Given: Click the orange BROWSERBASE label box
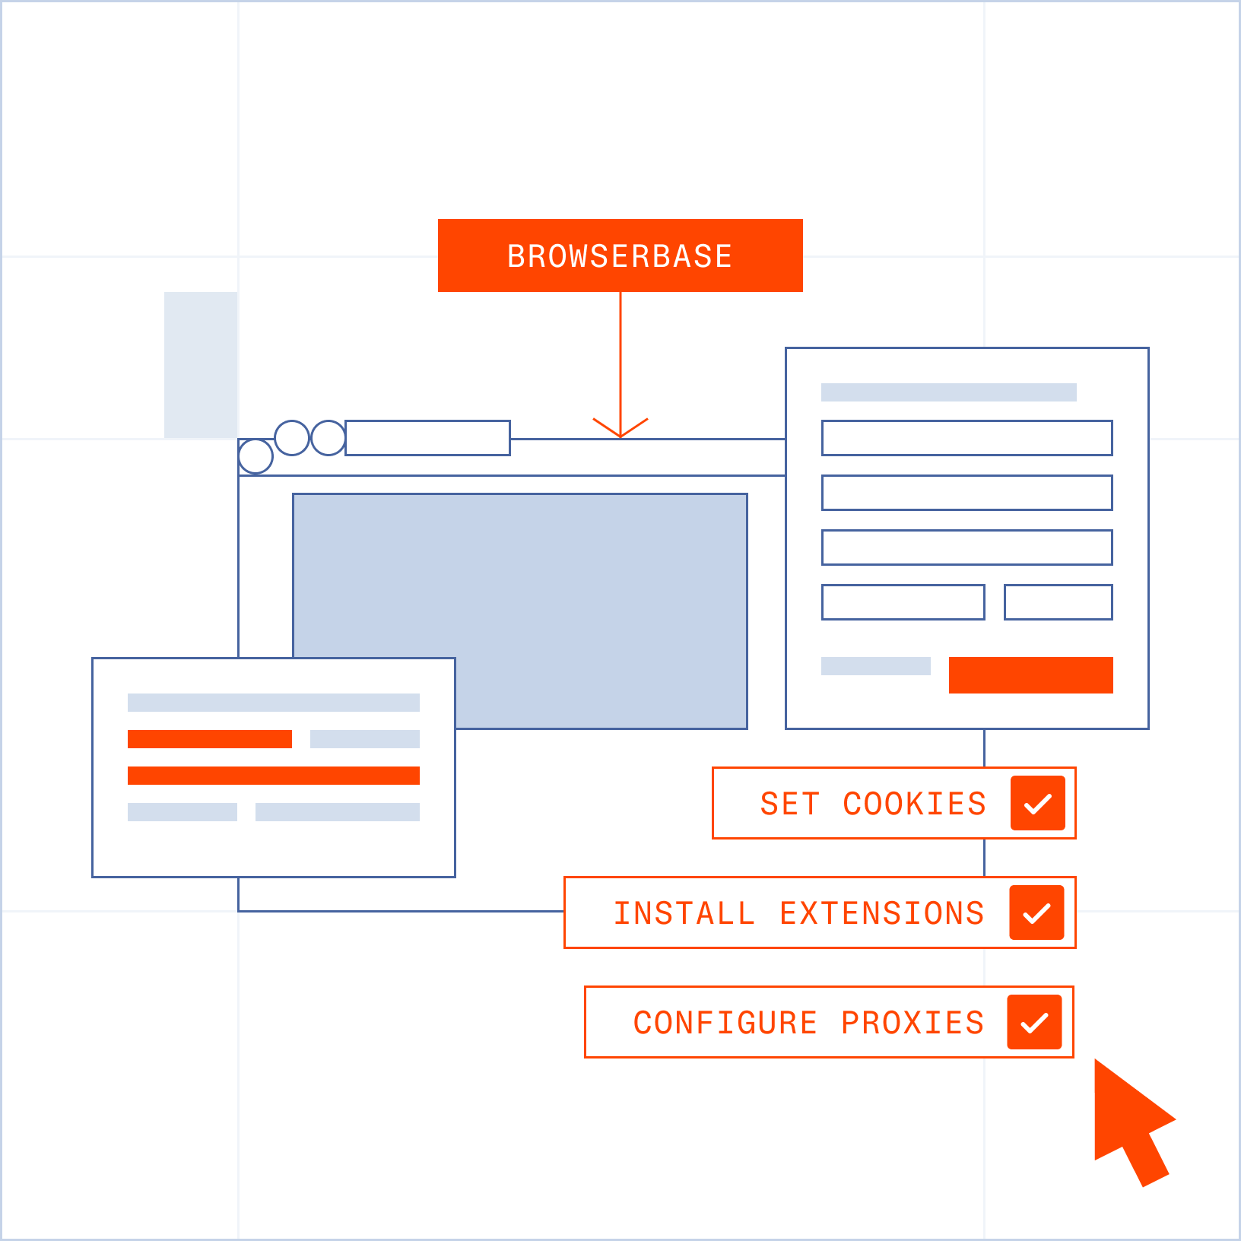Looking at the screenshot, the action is click(620, 255).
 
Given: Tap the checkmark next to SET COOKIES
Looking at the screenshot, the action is click(1038, 803).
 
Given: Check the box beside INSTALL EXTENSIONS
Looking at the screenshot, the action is click(1036, 912).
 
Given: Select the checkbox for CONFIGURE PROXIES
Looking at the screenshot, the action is click(1034, 1022).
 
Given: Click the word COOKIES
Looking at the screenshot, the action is click(914, 804).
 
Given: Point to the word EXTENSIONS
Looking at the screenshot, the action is click(882, 913).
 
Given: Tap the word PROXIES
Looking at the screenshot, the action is click(912, 1023).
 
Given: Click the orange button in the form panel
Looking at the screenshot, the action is click(1031, 675).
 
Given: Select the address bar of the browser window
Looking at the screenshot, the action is click(427, 438).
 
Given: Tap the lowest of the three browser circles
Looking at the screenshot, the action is click(255, 456).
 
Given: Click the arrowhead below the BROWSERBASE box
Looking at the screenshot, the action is click(620, 429).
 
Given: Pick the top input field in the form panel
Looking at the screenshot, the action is click(967, 438).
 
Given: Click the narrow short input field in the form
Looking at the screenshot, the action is click(1058, 602).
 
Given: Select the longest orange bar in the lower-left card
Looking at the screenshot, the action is click(274, 776).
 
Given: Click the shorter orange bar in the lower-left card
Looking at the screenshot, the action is click(210, 739).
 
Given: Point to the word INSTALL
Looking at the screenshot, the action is click(684, 913).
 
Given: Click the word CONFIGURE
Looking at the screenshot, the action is click(725, 1023).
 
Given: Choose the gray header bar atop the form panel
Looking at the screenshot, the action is click(949, 392).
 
